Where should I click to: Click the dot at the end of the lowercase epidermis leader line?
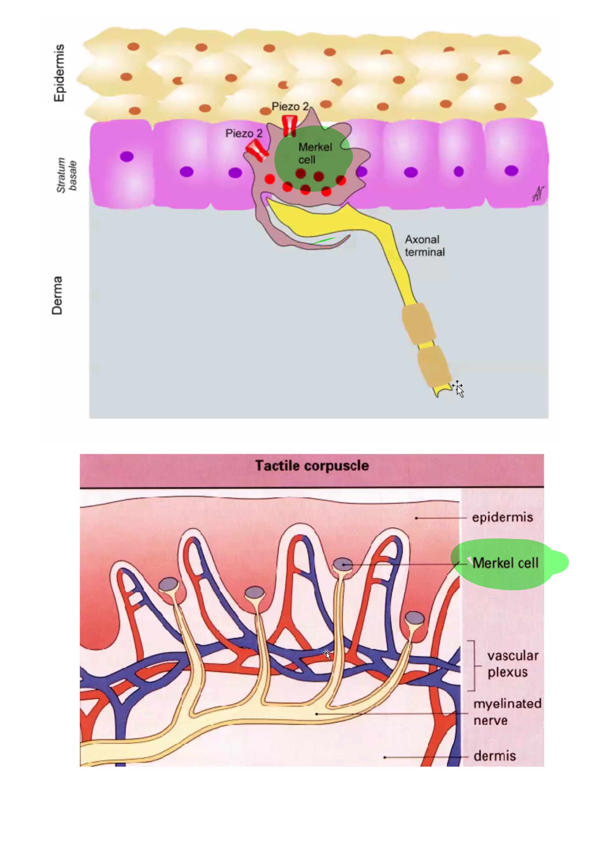pos(416,518)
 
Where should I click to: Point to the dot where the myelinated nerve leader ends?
pos(317,714)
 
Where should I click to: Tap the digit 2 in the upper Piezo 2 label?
pos(305,107)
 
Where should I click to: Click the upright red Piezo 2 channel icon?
pos(290,125)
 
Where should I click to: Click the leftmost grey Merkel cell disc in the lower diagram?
pos(168,584)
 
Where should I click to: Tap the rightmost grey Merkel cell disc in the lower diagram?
pos(415,618)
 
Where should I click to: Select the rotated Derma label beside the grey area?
pos(57,295)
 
